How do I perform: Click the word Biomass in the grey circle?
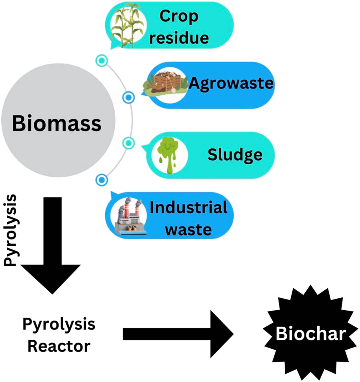(56, 124)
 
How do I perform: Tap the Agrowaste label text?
(230, 84)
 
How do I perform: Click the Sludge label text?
(235, 155)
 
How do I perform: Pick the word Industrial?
(188, 207)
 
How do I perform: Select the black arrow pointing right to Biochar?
(178, 334)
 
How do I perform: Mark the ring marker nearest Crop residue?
(102, 61)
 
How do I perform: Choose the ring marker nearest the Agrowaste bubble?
(128, 97)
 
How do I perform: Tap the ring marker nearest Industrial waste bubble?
(102, 179)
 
